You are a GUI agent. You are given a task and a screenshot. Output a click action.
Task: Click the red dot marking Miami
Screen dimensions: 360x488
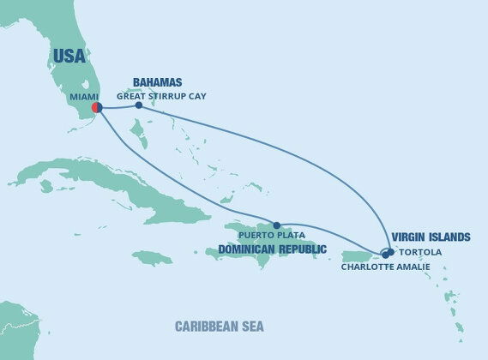97,108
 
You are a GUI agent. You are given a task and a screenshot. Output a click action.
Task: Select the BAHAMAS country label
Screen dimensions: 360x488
156,84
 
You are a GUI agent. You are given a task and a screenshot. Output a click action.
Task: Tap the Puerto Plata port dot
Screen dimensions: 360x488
276,225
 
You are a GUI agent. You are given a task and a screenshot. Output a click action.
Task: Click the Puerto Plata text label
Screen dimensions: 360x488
272,235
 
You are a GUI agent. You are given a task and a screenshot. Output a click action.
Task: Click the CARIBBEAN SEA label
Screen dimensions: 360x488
220,327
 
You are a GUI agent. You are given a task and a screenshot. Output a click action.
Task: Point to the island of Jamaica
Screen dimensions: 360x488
153,257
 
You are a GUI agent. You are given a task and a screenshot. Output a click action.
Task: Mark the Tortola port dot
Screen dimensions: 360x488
391,251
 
